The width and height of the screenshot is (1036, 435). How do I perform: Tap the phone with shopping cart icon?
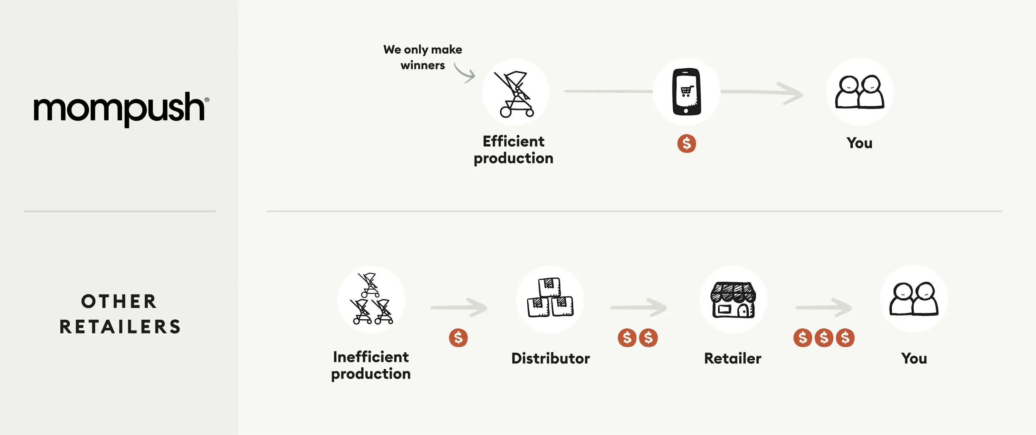[687, 92]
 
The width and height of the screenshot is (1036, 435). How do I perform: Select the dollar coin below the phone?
[687, 144]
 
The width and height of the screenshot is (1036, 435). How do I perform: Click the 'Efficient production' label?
[514, 149]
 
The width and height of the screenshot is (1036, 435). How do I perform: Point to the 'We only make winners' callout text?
[423, 57]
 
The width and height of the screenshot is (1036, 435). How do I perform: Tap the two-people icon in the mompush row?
[860, 92]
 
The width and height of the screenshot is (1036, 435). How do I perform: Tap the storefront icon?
[733, 300]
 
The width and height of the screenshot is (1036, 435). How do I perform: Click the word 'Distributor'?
[550, 358]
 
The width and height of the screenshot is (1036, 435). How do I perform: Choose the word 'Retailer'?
[733, 358]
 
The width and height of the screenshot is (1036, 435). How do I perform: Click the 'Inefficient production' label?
[371, 365]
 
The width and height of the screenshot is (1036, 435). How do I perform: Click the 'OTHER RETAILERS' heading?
[120, 314]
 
